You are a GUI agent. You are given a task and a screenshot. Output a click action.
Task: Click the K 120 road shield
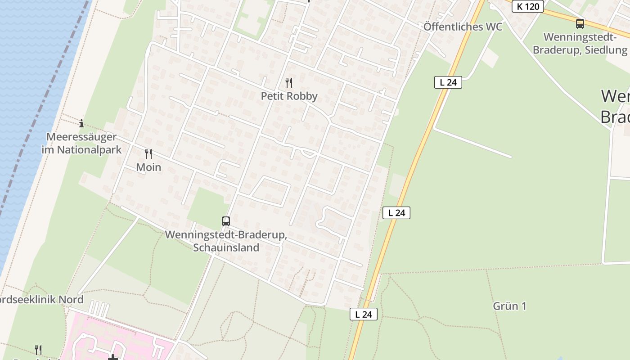(528, 6)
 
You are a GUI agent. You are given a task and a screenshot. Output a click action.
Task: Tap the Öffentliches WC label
(463, 27)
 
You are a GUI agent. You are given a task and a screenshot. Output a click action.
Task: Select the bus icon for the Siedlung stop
(580, 24)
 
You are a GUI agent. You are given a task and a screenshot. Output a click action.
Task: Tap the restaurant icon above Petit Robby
(289, 83)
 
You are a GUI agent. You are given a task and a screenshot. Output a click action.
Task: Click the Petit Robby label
(289, 96)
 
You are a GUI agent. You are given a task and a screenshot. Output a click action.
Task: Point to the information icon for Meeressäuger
(81, 123)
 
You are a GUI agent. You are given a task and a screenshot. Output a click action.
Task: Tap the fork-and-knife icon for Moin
(148, 154)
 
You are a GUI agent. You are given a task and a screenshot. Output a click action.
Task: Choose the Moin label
(148, 167)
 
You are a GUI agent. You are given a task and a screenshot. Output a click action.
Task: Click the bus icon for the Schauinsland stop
(226, 221)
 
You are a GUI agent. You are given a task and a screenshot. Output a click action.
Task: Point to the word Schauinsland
(226, 247)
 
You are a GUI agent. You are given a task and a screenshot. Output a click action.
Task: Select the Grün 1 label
(509, 306)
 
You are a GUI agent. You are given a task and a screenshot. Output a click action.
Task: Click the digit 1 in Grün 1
(523, 306)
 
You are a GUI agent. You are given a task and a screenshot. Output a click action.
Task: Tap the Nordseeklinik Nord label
(40, 300)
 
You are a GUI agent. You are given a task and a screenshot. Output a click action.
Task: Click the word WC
(494, 27)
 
